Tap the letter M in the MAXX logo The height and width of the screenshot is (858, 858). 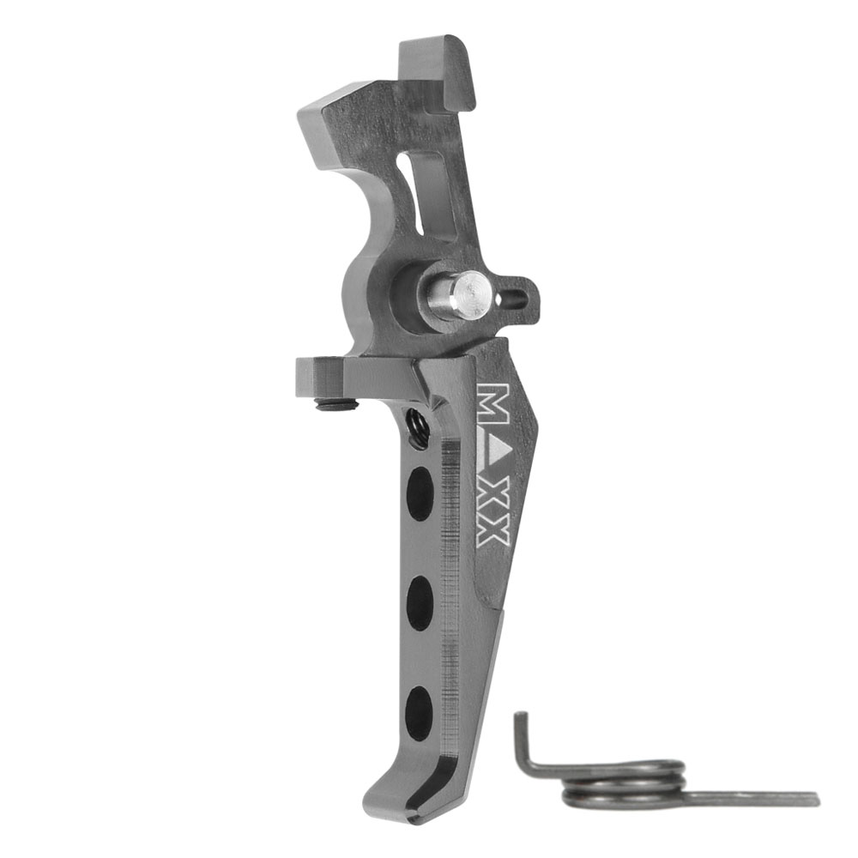pyautogui.click(x=494, y=402)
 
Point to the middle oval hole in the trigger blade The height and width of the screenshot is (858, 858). pyautogui.click(x=420, y=603)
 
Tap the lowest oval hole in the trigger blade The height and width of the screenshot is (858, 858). pyautogui.click(x=418, y=714)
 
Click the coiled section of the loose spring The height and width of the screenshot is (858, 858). pyautogui.click(x=624, y=783)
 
